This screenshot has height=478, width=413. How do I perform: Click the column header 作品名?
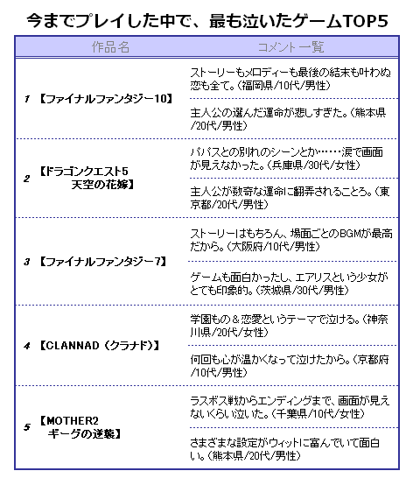tap(110, 47)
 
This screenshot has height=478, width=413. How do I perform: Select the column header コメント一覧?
tap(290, 47)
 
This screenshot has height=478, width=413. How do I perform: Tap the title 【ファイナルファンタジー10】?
tap(106, 99)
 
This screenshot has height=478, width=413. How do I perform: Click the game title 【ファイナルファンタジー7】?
tap(102, 262)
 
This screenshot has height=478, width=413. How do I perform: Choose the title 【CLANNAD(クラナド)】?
tap(100, 346)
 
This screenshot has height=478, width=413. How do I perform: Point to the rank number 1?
tap(27, 99)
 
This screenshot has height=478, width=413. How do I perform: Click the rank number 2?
tap(27, 179)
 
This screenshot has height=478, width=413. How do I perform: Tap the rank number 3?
tap(27, 262)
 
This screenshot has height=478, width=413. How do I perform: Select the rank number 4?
tap(27, 346)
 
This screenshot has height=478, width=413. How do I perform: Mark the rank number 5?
tap(27, 427)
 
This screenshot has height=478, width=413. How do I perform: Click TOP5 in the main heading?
tap(366, 21)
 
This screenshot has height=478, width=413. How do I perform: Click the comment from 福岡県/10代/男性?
tap(290, 79)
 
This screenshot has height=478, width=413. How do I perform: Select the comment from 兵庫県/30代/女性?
tap(286, 158)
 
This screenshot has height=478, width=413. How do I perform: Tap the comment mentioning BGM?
tap(291, 240)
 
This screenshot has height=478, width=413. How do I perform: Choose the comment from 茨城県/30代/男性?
tap(290, 284)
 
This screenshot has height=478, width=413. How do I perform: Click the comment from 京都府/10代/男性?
tap(290, 366)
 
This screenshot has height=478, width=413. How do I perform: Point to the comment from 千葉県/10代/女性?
tap(290, 407)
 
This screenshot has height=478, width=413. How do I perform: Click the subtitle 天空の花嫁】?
tap(102, 185)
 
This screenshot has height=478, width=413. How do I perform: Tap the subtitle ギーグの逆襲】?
tap(84, 434)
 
